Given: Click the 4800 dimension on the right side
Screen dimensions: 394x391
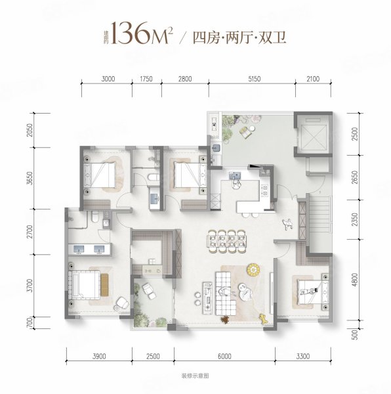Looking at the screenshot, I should [354, 283].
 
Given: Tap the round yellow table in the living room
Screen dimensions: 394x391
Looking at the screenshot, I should [253, 269].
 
